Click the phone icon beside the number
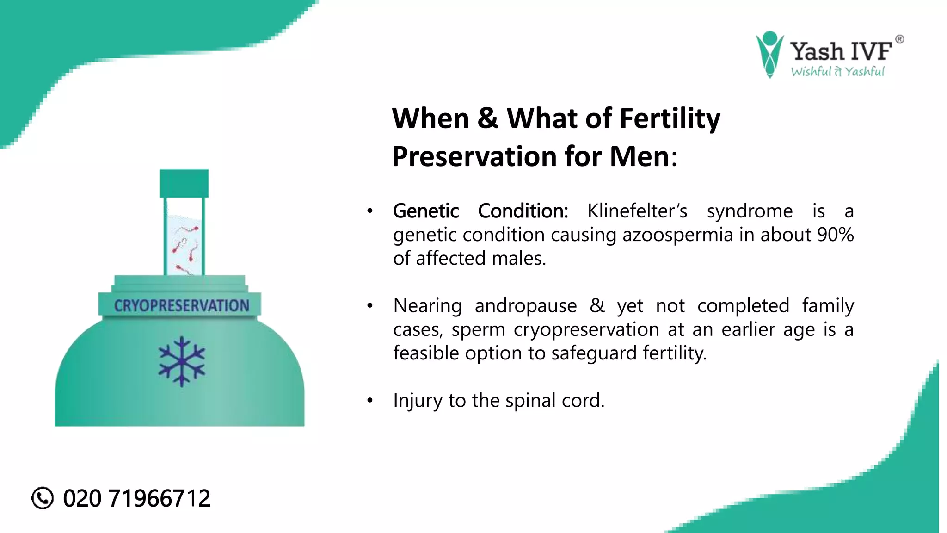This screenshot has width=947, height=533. click(x=43, y=498)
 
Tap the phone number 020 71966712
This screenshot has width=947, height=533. click(x=136, y=498)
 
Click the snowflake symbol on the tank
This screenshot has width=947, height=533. click(x=182, y=361)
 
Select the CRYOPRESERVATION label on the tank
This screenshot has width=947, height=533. click(x=181, y=305)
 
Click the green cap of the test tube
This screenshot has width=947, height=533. click(x=184, y=183)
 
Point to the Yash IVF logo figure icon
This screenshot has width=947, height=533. click(x=769, y=54)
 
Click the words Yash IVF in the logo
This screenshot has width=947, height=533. click(x=840, y=51)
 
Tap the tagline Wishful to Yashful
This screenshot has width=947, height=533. click(x=837, y=71)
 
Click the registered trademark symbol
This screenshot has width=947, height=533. click(x=899, y=39)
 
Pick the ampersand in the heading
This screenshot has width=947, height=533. click(x=488, y=118)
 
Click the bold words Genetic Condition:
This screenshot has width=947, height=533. click(x=480, y=211)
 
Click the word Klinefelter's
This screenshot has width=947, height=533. click(x=637, y=211)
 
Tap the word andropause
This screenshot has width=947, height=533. click(x=526, y=306)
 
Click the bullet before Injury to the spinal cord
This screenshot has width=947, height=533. click(x=369, y=401)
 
